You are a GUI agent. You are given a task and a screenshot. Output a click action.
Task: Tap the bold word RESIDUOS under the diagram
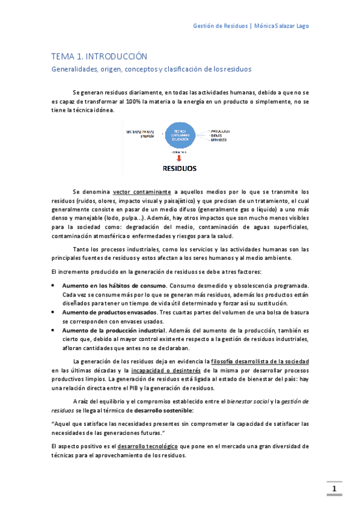point(180,168)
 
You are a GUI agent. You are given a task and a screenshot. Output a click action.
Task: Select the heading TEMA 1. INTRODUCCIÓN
point(99,56)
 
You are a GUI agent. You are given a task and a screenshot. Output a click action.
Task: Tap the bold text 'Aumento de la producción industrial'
point(113,331)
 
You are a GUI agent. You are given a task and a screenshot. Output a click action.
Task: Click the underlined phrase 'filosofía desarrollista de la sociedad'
point(260,360)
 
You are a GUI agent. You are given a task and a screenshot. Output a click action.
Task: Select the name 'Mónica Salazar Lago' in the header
point(282,26)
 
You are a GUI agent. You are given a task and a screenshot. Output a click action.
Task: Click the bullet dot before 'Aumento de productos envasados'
point(54,312)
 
